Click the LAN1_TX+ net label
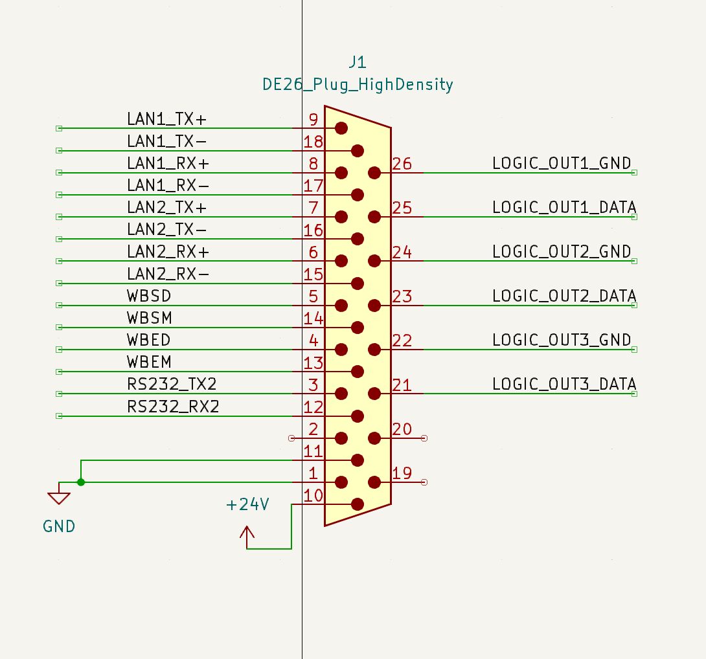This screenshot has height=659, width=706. (x=166, y=119)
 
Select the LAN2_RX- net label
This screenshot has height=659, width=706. (x=168, y=274)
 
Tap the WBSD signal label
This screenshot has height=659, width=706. (x=149, y=296)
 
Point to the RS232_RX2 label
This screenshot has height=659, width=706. (x=173, y=407)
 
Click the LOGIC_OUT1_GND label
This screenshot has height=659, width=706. (x=562, y=163)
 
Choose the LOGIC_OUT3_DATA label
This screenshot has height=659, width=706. (x=564, y=384)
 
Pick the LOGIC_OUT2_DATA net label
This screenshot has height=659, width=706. (x=564, y=296)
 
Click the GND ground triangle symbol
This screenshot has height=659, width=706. (x=59, y=498)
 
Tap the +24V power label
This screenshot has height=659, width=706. (x=247, y=504)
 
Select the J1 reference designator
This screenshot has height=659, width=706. (x=358, y=61)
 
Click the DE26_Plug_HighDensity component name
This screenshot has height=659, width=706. (x=358, y=84)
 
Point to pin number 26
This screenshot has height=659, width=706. (x=402, y=163)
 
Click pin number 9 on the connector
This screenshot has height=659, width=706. (x=313, y=119)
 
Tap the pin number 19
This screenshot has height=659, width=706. (x=402, y=473)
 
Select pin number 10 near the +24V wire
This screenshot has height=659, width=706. (x=313, y=496)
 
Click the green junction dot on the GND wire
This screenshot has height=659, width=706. (x=81, y=482)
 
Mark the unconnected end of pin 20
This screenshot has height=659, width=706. (x=424, y=438)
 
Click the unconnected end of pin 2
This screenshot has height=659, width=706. (x=291, y=438)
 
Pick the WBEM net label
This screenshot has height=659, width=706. (x=149, y=362)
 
